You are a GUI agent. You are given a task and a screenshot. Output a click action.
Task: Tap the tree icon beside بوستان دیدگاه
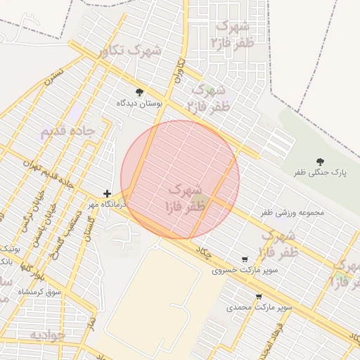click(139, 92)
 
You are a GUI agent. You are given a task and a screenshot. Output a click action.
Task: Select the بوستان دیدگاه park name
click(139, 103)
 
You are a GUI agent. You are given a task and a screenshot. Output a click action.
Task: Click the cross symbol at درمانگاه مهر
click(107, 193)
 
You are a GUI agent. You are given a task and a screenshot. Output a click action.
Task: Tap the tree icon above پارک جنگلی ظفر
click(321, 162)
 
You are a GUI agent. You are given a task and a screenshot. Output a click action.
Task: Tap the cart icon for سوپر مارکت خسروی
click(245, 259)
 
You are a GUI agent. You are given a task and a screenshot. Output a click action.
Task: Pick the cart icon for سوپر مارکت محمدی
click(259, 297)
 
